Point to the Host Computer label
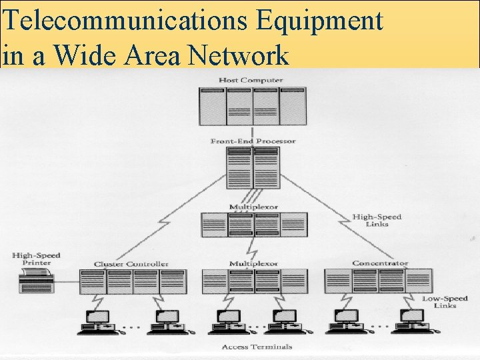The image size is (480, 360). click(x=251, y=81)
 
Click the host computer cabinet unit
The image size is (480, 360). click(x=252, y=106)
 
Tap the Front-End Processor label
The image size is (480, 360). click(x=253, y=141)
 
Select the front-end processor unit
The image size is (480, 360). click(x=253, y=167)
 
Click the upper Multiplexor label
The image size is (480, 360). click(x=253, y=207)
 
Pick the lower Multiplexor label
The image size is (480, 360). click(x=253, y=264)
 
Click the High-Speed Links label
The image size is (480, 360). click(x=376, y=220)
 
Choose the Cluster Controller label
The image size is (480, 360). click(x=131, y=264)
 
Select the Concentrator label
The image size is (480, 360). click(x=380, y=263)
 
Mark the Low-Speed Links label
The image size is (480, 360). click(x=439, y=302)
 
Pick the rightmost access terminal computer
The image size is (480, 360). click(x=411, y=321)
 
